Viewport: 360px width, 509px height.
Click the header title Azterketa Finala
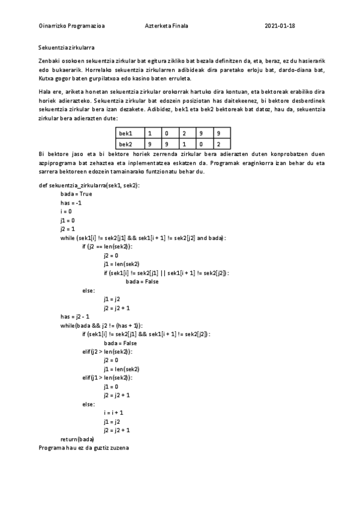click(166, 26)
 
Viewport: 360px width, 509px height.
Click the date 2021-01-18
click(280, 26)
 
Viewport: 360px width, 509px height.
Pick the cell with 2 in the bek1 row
click(185, 133)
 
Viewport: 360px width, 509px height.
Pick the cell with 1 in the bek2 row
click(185, 144)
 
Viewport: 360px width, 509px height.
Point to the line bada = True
click(76, 194)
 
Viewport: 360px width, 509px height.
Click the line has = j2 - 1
click(75, 316)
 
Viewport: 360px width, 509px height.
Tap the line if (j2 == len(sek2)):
click(108, 247)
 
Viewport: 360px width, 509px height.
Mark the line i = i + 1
click(113, 412)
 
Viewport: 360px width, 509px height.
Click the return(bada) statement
click(77, 439)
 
